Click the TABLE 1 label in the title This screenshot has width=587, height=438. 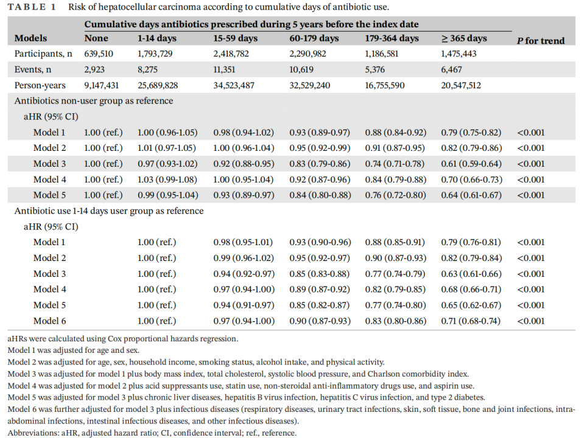(x=30, y=7)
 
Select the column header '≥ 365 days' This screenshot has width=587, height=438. (x=464, y=38)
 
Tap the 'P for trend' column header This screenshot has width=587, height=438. (x=541, y=41)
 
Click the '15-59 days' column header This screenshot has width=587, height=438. (x=235, y=38)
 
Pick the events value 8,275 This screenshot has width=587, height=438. (x=150, y=70)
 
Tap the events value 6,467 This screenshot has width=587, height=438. (x=454, y=70)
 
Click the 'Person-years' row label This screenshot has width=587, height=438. (x=40, y=86)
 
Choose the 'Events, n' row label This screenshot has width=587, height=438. (x=33, y=70)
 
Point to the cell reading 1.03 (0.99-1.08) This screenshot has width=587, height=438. (x=165, y=179)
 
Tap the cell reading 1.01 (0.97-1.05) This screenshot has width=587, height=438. (x=165, y=148)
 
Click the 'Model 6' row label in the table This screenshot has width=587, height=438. (x=50, y=321)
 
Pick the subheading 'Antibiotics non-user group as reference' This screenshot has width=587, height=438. (x=94, y=101)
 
